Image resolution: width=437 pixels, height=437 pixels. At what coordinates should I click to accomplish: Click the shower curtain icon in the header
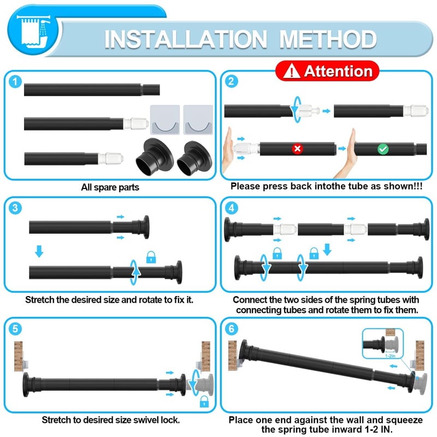34,32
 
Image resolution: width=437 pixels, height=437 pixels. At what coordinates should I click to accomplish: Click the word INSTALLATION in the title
186,39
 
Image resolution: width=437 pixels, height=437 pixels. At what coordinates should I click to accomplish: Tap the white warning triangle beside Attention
292,71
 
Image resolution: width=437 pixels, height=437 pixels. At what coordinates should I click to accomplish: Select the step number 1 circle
15,82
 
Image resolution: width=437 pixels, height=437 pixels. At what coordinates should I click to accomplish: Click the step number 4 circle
232,208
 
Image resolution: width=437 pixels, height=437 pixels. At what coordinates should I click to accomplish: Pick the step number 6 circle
232,329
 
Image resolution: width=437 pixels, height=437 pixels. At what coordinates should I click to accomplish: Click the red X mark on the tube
297,149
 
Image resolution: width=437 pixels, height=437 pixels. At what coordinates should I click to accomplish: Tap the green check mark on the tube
383,149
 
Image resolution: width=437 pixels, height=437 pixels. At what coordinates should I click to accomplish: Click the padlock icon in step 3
151,257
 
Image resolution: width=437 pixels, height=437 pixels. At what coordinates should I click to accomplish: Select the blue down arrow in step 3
39,251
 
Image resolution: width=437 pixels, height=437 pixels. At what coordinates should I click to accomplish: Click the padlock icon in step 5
204,401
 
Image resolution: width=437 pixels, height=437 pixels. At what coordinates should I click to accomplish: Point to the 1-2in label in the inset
390,356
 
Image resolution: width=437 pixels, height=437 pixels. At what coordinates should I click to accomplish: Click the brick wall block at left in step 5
19,356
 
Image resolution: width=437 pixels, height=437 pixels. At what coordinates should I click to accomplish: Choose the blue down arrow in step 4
327,250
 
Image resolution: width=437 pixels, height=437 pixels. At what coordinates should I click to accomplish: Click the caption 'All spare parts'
110,187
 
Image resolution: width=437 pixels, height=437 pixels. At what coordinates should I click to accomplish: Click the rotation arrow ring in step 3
134,272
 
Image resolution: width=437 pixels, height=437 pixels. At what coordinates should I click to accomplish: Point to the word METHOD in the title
328,39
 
